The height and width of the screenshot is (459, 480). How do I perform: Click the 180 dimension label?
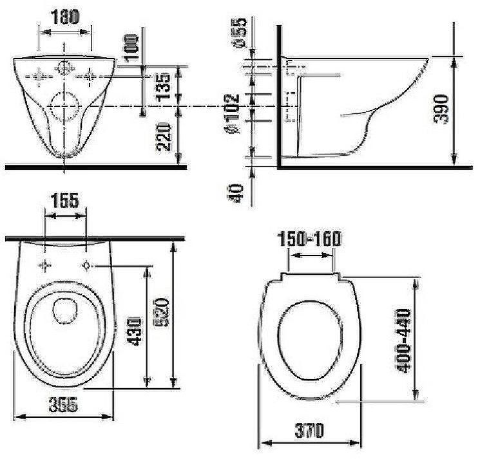point(66,16)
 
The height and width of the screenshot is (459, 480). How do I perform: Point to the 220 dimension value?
point(164,136)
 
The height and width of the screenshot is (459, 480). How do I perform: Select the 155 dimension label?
point(65,201)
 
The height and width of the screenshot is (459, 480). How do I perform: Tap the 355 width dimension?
point(63,405)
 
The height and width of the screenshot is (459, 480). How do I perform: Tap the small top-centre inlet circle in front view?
point(65,67)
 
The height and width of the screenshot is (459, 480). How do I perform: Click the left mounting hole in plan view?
point(45,265)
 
